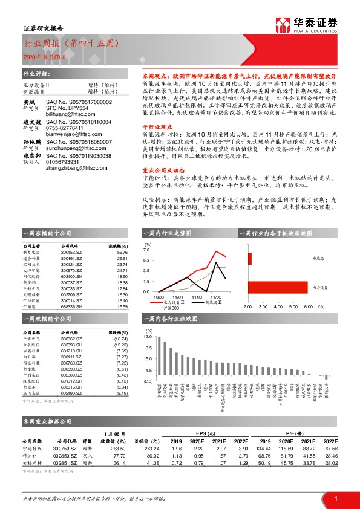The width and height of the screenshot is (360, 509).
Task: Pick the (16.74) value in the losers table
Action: (x=120, y=340)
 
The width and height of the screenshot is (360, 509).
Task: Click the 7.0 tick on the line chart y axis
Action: (x=146, y=249)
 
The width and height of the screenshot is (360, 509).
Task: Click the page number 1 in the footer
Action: (x=335, y=498)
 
